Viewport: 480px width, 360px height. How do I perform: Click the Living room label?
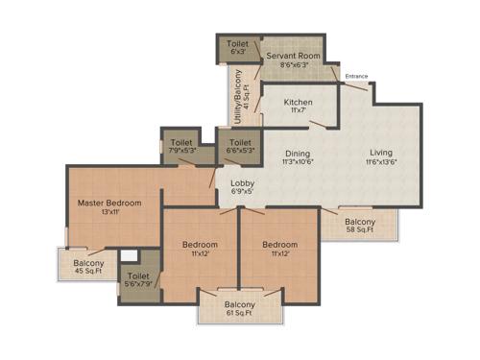[381, 152]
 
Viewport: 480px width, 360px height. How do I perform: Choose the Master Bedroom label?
[109, 203]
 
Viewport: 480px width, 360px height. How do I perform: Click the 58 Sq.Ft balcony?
[360, 227]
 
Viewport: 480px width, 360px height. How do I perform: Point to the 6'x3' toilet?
[236, 44]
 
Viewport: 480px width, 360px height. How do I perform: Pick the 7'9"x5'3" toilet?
[181, 144]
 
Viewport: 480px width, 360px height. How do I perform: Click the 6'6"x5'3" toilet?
[239, 144]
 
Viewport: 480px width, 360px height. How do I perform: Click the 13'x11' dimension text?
[109, 213]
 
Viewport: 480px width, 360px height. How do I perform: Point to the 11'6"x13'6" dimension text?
[381, 162]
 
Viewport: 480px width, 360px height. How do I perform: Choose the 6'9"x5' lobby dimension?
[241, 191]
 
